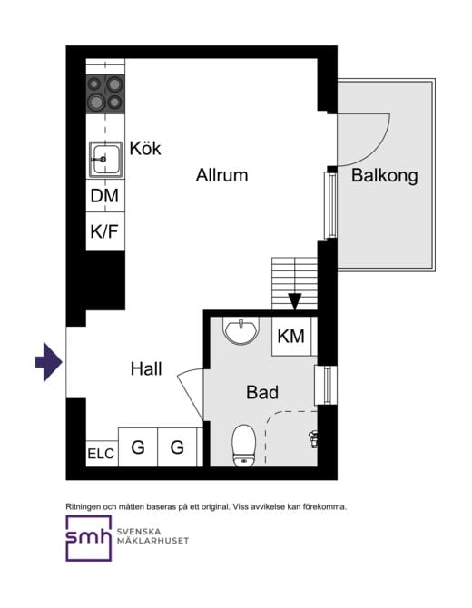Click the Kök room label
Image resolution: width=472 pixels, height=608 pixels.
[145, 148]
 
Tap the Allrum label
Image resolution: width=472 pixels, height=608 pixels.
[221, 175]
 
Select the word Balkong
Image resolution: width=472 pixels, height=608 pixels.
[385, 176]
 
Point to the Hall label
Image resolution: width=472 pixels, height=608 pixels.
[146, 368]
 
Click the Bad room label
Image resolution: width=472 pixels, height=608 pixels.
[262, 392]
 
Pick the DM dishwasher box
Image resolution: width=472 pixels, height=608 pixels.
[105, 195]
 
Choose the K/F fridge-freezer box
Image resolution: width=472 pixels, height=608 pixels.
[105, 231]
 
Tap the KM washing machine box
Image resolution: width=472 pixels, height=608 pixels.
[291, 336]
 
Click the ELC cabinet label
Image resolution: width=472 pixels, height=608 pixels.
[101, 454]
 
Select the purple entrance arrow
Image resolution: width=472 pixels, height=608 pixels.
[49, 362]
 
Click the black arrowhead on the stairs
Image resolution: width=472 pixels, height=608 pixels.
[295, 301]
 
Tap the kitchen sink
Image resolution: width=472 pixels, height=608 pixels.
[105, 160]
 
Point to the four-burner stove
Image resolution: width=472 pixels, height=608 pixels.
[105, 93]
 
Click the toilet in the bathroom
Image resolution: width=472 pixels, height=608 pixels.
[244, 446]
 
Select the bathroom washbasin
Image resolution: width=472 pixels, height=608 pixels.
[241, 330]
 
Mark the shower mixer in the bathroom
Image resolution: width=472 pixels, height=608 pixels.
[313, 439]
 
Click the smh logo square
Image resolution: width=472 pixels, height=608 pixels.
[88, 538]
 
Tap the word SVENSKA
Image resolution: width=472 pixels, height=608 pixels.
[139, 532]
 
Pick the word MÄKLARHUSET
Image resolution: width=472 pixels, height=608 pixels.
[152, 541]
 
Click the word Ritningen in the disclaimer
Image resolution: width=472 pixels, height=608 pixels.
[82, 506]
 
